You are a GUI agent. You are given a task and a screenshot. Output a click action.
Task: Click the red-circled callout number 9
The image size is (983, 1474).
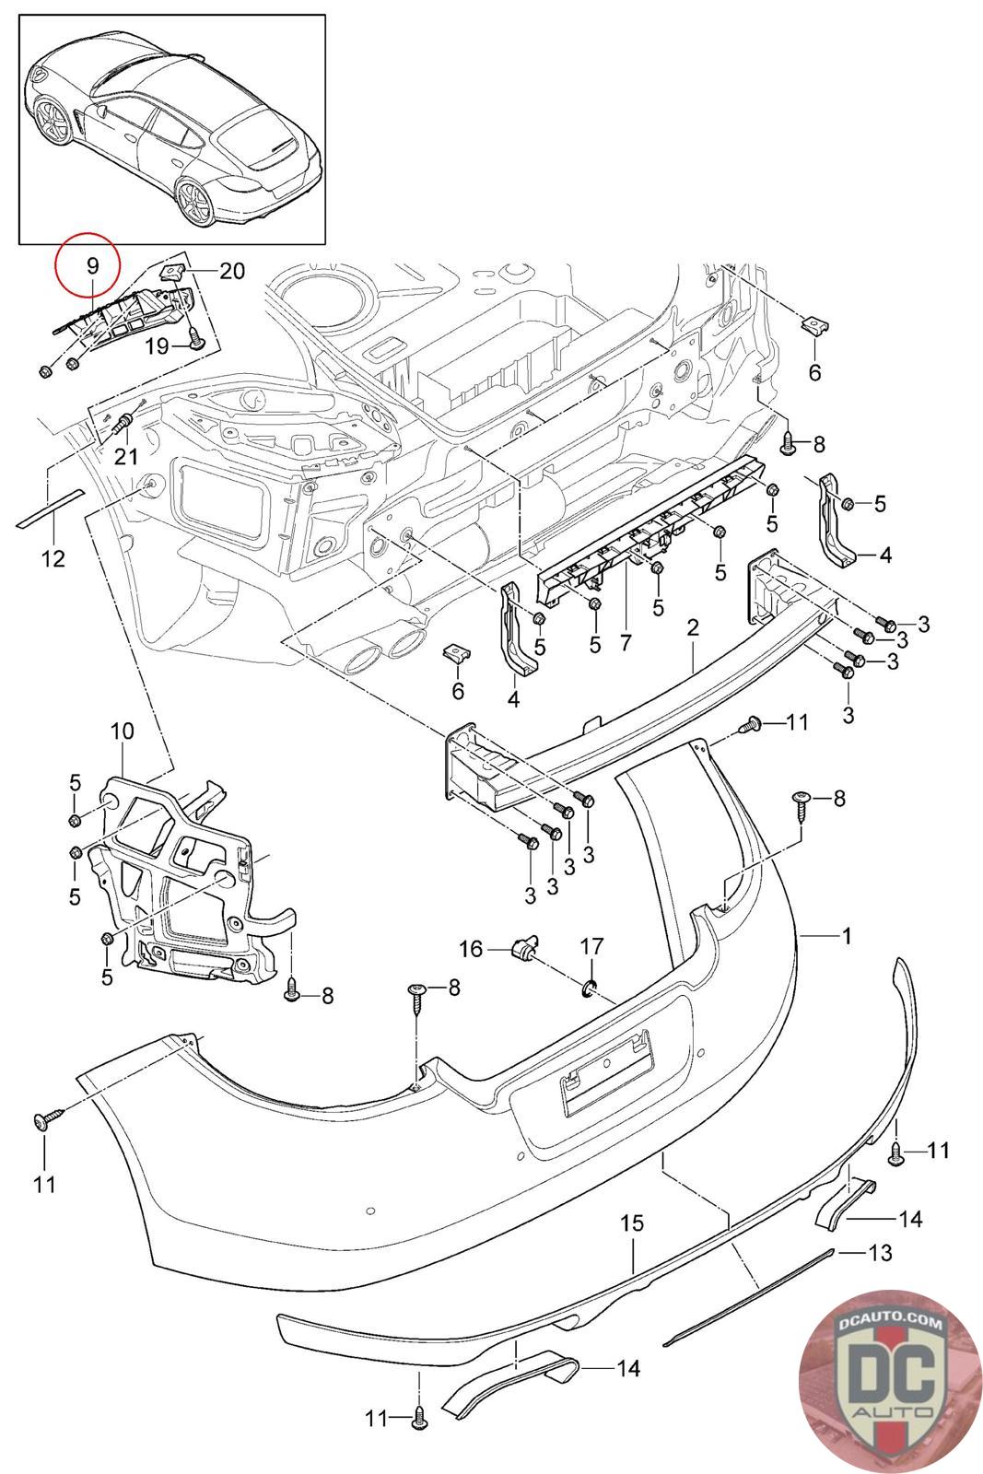click(91, 265)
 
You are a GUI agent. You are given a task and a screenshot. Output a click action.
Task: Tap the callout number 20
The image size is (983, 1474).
click(232, 271)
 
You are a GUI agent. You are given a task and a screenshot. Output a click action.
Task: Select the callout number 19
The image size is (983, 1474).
click(158, 345)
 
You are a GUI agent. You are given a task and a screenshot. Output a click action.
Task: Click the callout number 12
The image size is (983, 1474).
click(53, 557)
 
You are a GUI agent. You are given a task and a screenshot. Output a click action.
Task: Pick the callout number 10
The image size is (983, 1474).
click(122, 732)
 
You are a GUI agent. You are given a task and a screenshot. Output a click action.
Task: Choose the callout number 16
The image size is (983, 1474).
click(471, 948)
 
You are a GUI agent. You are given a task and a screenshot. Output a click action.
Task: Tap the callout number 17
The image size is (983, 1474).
click(591, 946)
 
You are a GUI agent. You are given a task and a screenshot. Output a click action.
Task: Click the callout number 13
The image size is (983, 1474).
click(880, 1252)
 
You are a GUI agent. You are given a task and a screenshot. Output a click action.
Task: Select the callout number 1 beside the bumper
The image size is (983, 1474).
click(846, 936)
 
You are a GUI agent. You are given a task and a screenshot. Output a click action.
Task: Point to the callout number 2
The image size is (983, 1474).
click(693, 627)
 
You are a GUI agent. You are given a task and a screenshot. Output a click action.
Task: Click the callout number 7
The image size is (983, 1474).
click(626, 642)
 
